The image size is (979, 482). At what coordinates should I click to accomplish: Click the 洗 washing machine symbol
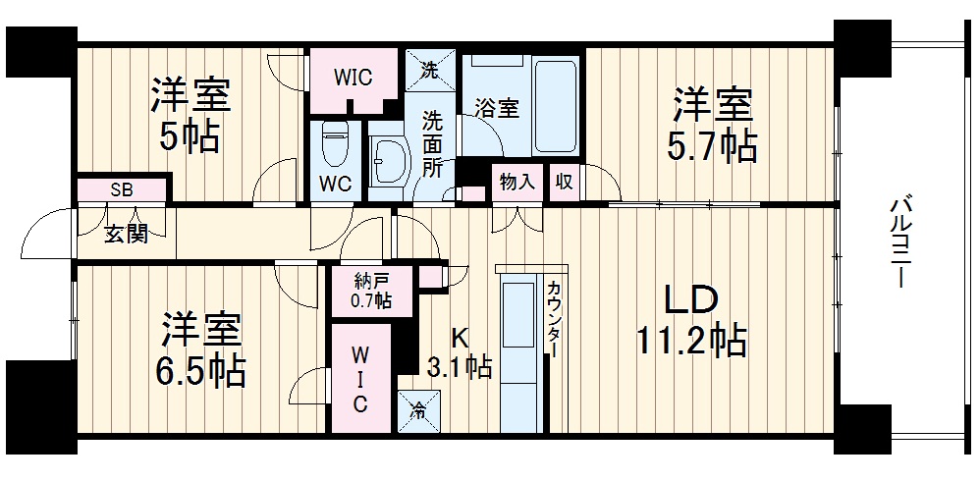point(429,70)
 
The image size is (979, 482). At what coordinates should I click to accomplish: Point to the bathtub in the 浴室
point(556,105)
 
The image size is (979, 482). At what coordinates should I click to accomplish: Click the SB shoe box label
point(122,189)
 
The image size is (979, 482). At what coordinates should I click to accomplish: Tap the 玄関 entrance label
point(126,235)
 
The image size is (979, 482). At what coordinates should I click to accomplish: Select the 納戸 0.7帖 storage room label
point(371,292)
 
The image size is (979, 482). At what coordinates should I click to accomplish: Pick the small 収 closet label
point(564,182)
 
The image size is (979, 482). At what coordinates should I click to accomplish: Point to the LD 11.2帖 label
point(691,320)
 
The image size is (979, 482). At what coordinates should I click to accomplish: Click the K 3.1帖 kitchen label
point(460,352)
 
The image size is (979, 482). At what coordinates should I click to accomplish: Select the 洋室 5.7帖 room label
point(713,125)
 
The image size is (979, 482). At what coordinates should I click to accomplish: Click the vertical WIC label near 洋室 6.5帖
point(360,378)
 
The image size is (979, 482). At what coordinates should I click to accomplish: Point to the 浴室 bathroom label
point(496,108)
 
